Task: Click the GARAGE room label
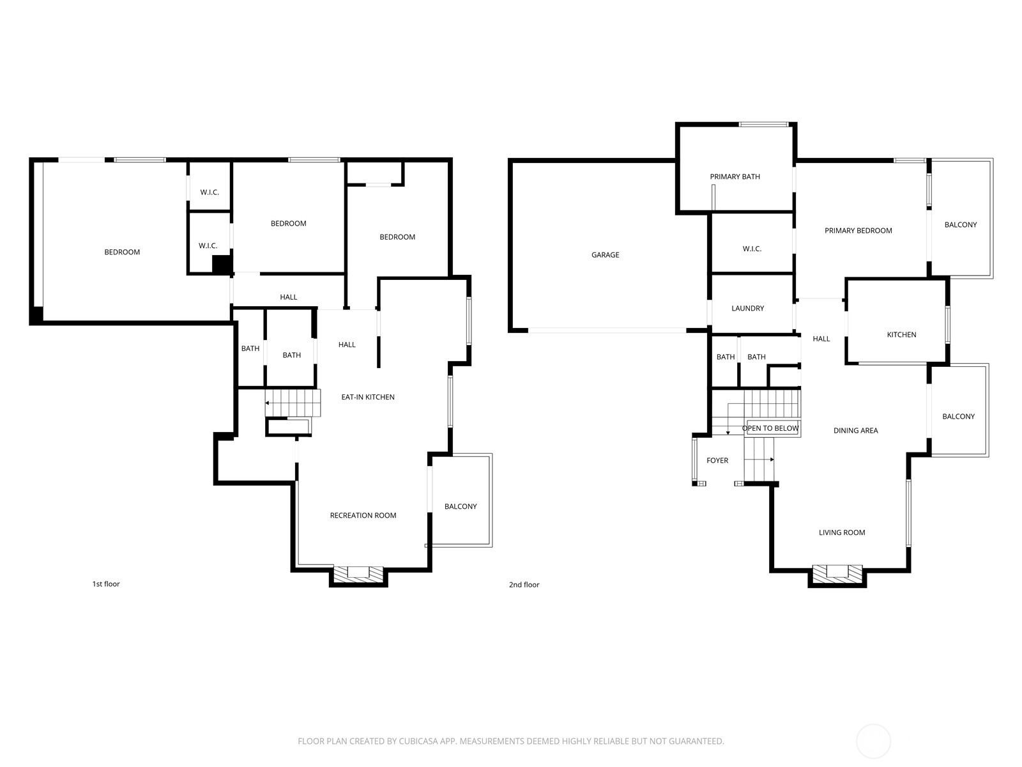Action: tap(605, 255)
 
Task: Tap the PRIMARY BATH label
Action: tap(735, 177)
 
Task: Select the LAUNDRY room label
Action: tap(747, 309)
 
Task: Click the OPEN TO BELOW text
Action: tap(770, 428)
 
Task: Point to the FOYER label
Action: tap(717, 461)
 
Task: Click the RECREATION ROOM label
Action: tap(363, 516)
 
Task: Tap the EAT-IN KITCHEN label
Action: tap(367, 398)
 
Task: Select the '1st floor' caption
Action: tap(106, 584)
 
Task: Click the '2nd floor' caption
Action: tap(524, 585)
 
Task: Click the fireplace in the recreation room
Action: tap(358, 573)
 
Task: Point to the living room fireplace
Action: tap(837, 573)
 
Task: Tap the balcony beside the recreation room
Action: tap(461, 507)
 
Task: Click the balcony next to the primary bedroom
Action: tap(960, 225)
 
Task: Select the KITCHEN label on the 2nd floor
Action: tap(901, 335)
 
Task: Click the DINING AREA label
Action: tap(855, 431)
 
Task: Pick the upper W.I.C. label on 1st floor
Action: tap(210, 192)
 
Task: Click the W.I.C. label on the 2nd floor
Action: tap(752, 249)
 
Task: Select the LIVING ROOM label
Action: tap(842, 532)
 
